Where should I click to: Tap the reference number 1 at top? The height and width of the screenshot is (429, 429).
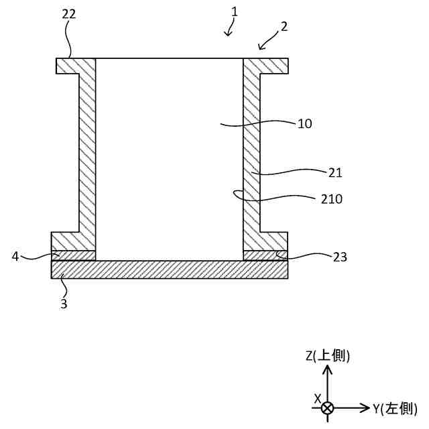(x=234, y=12)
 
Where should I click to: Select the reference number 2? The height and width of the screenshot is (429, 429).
(x=284, y=27)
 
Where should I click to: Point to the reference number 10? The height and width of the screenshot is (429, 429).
(x=305, y=124)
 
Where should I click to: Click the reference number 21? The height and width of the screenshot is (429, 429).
(x=335, y=172)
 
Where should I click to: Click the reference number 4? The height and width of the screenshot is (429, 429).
(x=15, y=255)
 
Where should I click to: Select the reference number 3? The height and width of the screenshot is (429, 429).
(x=64, y=303)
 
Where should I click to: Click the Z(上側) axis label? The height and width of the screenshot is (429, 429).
(x=328, y=356)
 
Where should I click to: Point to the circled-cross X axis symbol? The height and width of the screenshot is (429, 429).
(x=327, y=408)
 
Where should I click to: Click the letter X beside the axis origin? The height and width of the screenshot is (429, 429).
(x=318, y=398)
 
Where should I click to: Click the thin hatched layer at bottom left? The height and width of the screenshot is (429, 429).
(x=74, y=255)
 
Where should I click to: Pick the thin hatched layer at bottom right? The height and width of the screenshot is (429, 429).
(x=265, y=255)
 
